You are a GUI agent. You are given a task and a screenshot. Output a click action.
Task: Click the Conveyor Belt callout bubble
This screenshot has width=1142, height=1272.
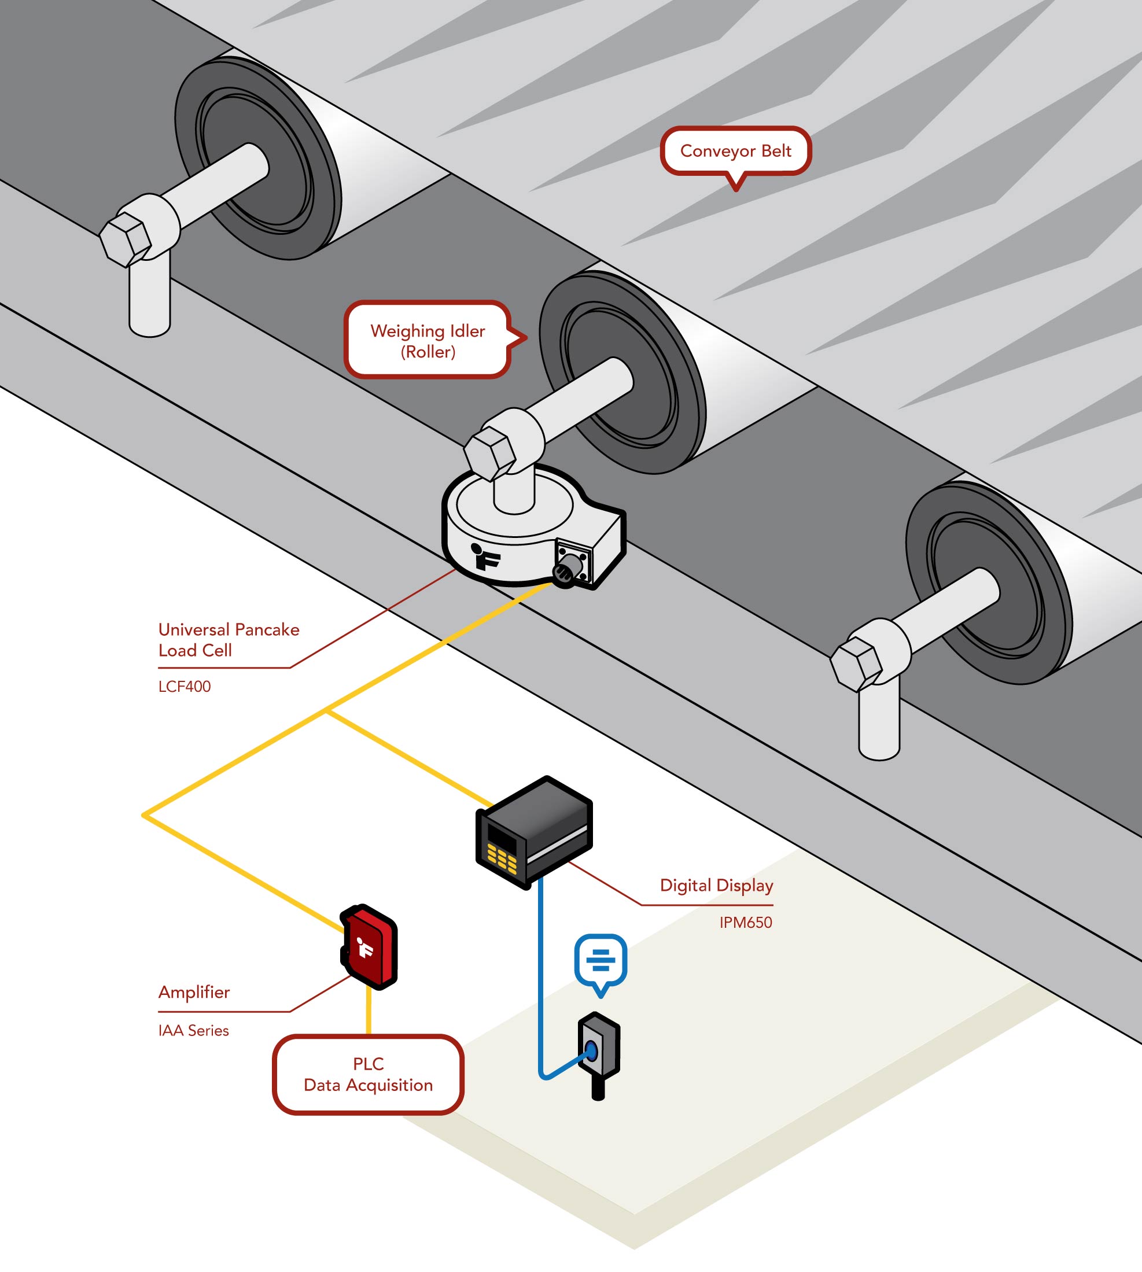point(735,151)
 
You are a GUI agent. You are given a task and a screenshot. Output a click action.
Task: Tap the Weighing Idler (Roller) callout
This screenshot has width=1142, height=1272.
point(428,341)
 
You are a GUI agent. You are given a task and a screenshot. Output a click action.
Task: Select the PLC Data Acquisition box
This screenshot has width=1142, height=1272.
point(369,1074)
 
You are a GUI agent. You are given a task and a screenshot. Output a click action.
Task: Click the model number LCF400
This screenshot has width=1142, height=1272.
point(185,686)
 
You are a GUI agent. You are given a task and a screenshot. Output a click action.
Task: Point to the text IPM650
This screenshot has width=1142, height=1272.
point(746,922)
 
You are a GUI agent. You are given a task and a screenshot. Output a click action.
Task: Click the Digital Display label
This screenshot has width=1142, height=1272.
point(716,885)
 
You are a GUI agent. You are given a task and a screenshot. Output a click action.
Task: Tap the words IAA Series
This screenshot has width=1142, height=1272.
point(193,1031)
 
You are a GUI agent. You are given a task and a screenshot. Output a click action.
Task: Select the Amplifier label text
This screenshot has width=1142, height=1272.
point(194,991)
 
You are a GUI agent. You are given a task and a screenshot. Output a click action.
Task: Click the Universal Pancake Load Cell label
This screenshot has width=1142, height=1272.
point(229,639)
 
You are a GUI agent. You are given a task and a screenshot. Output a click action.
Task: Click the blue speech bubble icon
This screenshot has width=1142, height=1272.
point(601,960)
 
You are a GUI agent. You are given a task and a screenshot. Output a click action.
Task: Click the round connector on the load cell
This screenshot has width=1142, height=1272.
point(563,570)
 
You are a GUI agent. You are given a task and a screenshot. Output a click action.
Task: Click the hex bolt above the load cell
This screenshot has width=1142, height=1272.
point(490,453)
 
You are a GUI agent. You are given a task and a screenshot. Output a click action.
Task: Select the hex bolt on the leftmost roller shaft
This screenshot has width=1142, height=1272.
point(126,239)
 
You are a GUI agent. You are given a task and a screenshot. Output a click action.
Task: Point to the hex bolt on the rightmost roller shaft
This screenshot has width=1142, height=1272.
point(856,664)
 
